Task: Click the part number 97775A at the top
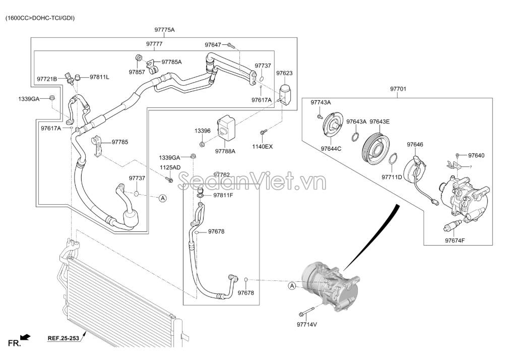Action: [164, 30]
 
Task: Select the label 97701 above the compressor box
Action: [398, 89]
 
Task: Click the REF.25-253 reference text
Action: [64, 338]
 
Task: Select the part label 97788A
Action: [225, 151]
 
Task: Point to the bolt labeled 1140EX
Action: [262, 132]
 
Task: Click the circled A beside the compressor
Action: [291, 286]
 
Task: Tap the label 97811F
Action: [223, 195]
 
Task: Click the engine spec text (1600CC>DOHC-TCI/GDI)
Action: [40, 18]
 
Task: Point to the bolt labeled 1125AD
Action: [170, 179]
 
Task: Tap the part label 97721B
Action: [47, 79]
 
